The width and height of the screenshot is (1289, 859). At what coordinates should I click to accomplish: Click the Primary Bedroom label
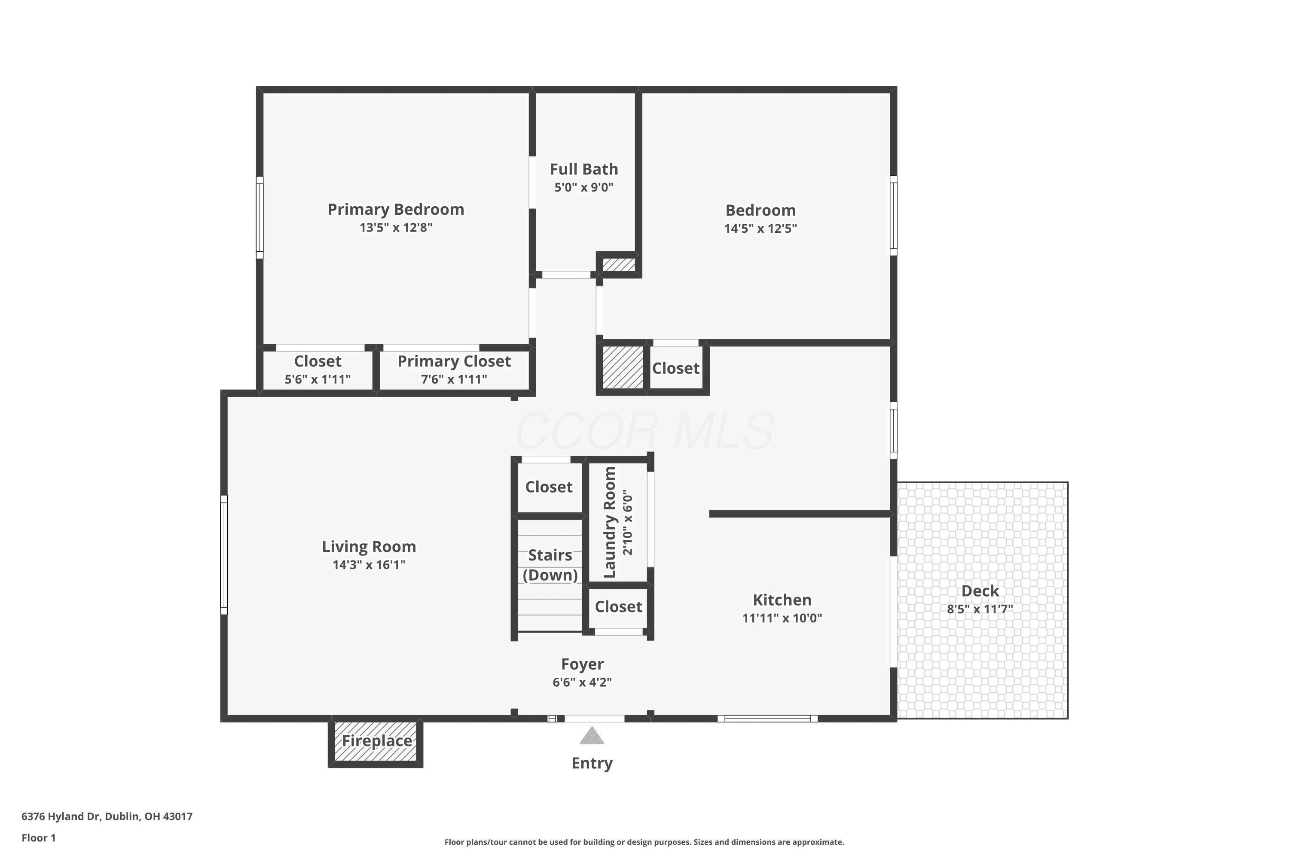coord(396,209)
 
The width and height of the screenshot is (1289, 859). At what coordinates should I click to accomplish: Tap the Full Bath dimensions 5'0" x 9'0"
coord(583,187)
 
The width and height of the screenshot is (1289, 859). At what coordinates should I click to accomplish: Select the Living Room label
coord(369,546)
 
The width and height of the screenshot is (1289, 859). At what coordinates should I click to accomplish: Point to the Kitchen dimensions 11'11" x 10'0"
coord(782,618)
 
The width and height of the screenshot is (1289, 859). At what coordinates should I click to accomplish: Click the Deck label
coord(980,591)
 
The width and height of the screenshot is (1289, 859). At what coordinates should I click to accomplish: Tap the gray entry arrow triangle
coord(592,735)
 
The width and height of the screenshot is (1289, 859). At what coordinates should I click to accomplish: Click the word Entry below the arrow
coord(592,763)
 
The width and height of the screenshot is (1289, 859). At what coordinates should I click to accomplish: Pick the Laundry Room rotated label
coord(609,522)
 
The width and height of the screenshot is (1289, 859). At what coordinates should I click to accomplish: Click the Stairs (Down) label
coord(550,565)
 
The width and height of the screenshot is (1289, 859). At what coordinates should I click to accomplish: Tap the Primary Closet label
coord(454,361)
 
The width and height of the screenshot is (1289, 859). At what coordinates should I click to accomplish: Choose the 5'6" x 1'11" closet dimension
coord(318,379)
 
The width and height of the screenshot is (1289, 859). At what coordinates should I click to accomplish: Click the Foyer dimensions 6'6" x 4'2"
coord(582,682)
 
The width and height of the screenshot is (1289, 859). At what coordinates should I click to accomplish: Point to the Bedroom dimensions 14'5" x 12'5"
coord(760,228)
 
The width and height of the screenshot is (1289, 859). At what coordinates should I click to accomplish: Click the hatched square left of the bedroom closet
coord(623,367)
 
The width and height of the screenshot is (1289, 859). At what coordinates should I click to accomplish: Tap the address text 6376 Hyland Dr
coord(61,816)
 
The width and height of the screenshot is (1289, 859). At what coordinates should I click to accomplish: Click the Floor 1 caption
coord(38,838)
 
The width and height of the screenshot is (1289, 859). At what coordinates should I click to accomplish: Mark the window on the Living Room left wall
coord(223,555)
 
